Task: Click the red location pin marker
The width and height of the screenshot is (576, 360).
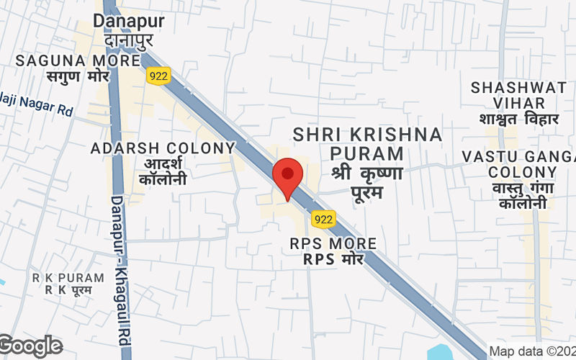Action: pos(287,176)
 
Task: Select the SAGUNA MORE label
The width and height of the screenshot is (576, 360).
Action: pos(77,60)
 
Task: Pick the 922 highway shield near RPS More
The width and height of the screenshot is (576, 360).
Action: pos(322,217)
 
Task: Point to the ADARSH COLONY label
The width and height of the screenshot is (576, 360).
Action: pos(163,148)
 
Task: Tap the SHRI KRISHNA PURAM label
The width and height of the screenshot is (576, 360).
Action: pos(367,143)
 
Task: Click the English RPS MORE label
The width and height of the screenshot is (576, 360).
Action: pos(333,243)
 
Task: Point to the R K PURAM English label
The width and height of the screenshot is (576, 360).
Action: pos(58,277)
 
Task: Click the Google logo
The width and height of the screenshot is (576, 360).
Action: pos(31,346)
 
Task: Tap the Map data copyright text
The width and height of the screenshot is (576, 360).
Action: pos(531,351)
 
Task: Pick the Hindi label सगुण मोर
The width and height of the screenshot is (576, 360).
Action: pos(77,76)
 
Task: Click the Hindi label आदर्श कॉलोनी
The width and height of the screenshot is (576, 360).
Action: pos(163,171)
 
